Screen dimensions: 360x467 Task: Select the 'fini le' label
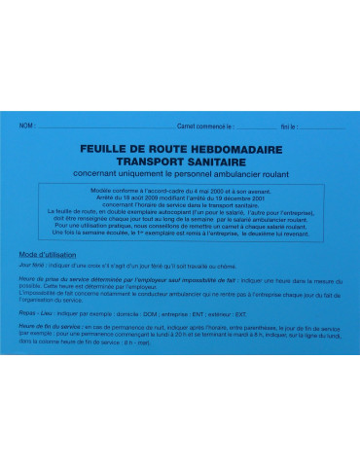pyautogui.click(x=288, y=127)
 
